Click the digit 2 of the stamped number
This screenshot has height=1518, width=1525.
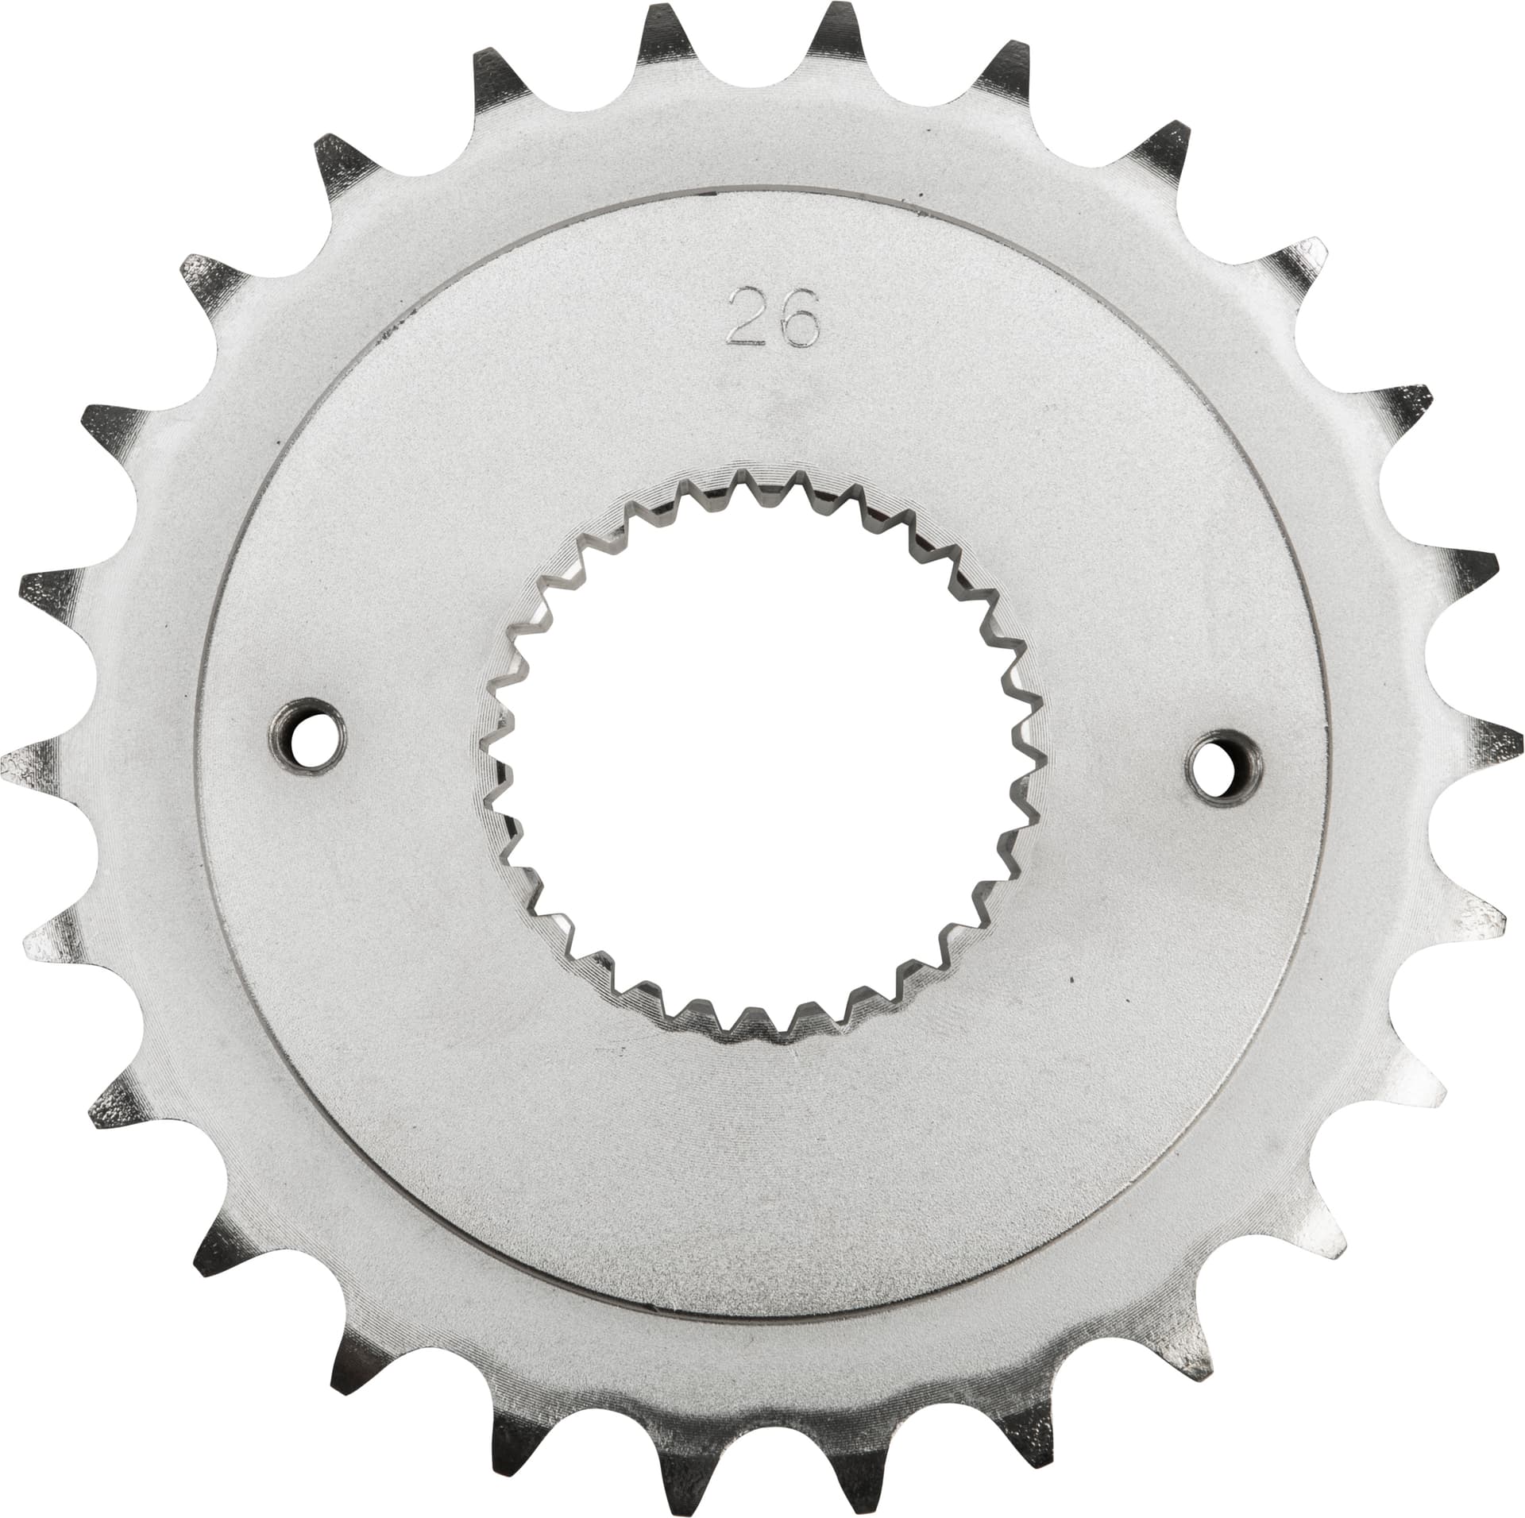pyautogui.click(x=744, y=316)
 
